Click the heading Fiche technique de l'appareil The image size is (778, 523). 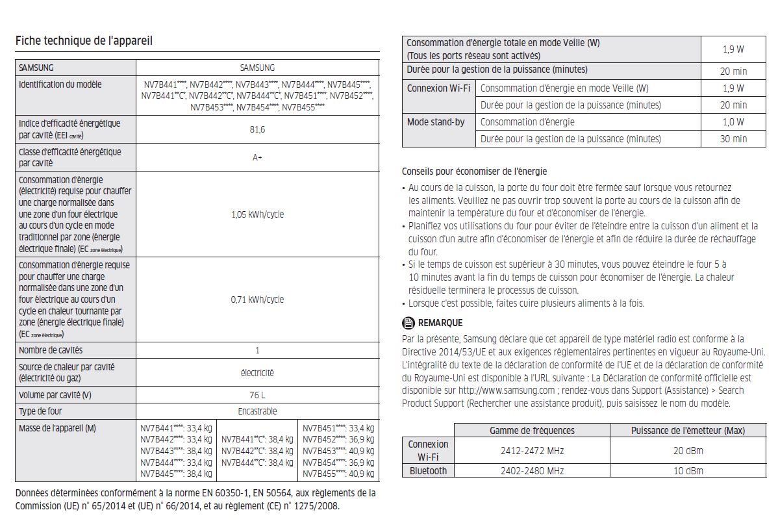[x=84, y=41]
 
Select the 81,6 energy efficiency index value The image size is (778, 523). [x=257, y=130]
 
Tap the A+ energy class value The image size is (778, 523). [x=257, y=158]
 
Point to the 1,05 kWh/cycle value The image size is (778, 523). [x=257, y=214]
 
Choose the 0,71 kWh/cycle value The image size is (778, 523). [x=257, y=300]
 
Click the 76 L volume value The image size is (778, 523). [x=257, y=395]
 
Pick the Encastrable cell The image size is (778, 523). [x=257, y=411]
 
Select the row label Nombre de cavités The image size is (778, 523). [x=51, y=351]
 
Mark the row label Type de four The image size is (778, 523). [x=41, y=411]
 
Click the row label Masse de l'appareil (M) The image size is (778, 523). [x=58, y=428]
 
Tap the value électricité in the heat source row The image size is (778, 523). [x=257, y=373]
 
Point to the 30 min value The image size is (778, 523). [x=734, y=138]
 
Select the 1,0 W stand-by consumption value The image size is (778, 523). [x=734, y=121]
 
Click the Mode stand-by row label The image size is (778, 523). [x=436, y=121]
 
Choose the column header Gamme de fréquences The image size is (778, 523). [x=532, y=430]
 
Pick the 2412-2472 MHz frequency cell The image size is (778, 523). [x=532, y=450]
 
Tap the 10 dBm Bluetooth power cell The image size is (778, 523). [x=688, y=471]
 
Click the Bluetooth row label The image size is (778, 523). [x=428, y=471]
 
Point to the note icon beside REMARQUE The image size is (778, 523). [x=408, y=323]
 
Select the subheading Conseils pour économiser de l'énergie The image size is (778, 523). [x=474, y=172]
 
